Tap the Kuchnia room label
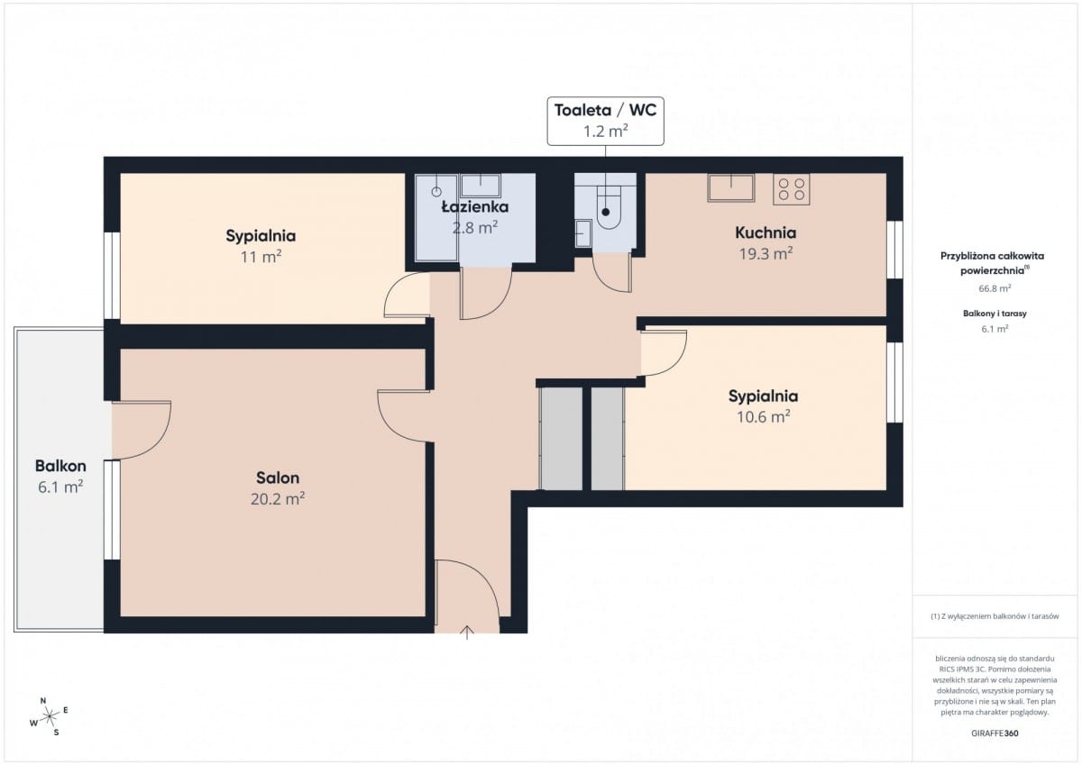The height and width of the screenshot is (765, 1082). [x=766, y=232]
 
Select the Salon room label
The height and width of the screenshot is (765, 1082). [x=278, y=478]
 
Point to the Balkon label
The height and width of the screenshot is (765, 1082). [x=61, y=466]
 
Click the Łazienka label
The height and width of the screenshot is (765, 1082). [x=475, y=206]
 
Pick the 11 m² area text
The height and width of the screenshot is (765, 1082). [x=261, y=257]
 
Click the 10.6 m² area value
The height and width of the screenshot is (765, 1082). [x=763, y=416]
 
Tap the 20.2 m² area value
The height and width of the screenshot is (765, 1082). [x=278, y=498]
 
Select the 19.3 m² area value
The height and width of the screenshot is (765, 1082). [x=766, y=253]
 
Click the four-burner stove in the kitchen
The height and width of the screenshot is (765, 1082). [x=792, y=189]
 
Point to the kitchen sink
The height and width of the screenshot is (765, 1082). [x=731, y=187]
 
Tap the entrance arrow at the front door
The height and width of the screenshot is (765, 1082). [x=467, y=633]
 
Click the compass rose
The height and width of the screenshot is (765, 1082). [x=49, y=716]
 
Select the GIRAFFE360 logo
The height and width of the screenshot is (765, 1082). [x=995, y=733]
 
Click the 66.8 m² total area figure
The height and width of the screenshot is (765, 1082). [x=995, y=288]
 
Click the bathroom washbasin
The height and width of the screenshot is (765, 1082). [x=481, y=186]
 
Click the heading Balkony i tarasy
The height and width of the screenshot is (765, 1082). [x=995, y=314]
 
